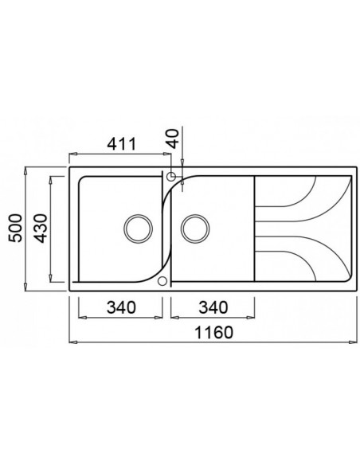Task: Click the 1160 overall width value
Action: (x=212, y=333)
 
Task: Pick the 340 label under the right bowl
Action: (x=209, y=306)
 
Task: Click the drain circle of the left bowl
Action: (x=138, y=228)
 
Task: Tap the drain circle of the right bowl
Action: (x=194, y=228)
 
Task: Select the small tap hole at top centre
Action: (x=171, y=177)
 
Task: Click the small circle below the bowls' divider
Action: (x=164, y=280)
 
